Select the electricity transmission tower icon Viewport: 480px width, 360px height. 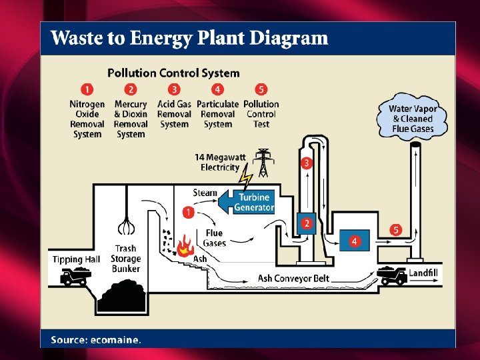(x=263, y=163)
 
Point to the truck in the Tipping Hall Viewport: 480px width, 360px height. (x=75, y=276)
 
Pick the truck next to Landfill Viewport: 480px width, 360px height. (x=392, y=275)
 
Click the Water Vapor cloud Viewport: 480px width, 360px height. (x=412, y=117)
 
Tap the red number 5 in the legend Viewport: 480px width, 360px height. (x=261, y=89)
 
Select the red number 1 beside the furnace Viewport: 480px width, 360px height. (x=188, y=212)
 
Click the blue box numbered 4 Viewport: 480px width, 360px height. (x=355, y=241)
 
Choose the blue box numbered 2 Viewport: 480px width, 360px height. (x=307, y=223)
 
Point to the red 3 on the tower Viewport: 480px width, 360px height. (x=307, y=163)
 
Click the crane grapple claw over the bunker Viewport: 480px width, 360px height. (x=126, y=226)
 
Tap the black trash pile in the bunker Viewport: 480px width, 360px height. (x=122, y=296)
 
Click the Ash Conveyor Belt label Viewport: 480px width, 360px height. (x=293, y=279)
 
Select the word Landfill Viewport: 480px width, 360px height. (x=423, y=273)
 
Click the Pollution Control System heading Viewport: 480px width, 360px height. (x=173, y=73)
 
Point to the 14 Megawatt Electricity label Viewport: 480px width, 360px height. (x=221, y=162)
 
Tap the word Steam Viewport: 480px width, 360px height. (x=205, y=193)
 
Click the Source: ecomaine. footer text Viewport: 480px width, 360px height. (x=96, y=340)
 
